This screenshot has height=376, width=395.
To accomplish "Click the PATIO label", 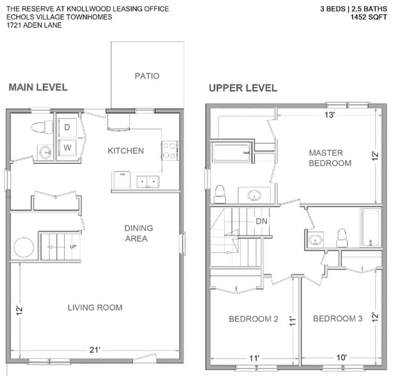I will click(x=147, y=76).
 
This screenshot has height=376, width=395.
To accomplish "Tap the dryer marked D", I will click(x=67, y=127).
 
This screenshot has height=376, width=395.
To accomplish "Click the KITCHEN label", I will click(x=125, y=151).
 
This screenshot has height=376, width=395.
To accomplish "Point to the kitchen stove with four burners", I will click(x=170, y=151).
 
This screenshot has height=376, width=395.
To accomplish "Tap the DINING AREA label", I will click(x=139, y=233).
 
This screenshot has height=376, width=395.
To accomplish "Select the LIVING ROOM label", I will click(x=95, y=308).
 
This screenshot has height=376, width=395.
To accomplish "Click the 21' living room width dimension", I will click(x=95, y=350).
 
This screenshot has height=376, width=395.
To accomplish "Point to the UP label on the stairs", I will click(x=72, y=246).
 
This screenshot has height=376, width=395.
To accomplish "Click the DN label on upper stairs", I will click(x=261, y=221).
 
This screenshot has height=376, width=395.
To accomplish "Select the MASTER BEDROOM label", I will click(x=330, y=158).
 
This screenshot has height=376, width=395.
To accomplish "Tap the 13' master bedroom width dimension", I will click(x=330, y=116).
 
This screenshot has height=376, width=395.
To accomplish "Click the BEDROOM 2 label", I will click(x=254, y=319).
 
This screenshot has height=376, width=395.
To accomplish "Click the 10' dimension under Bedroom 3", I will click(x=341, y=357).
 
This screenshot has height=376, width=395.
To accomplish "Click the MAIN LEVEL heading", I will click(x=38, y=88).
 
